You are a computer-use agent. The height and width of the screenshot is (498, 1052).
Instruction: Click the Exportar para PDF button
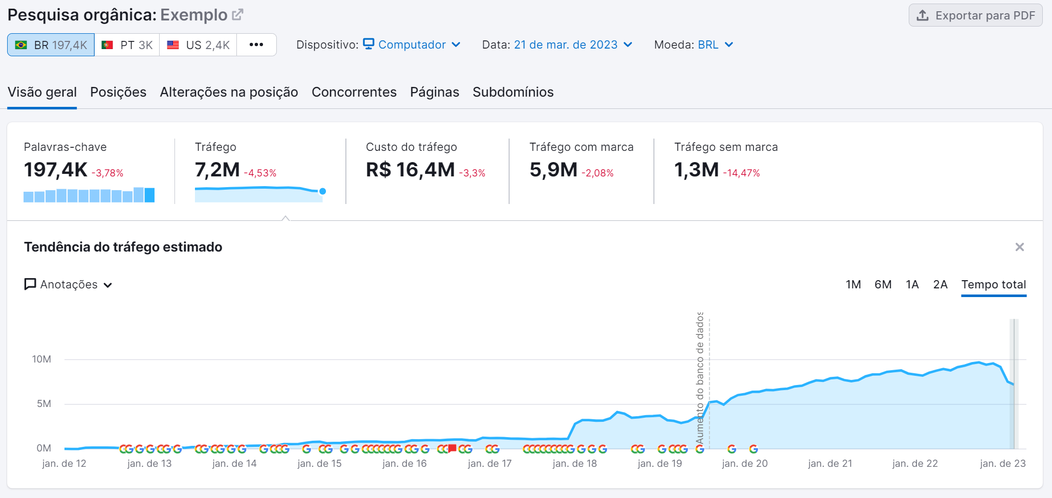[975, 15]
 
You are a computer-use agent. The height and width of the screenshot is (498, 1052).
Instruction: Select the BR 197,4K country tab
[51, 45]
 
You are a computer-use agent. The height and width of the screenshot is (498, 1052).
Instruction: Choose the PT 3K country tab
[127, 45]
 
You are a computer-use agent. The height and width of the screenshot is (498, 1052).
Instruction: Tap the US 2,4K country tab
[198, 45]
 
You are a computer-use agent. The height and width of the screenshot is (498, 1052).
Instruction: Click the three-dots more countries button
[256, 45]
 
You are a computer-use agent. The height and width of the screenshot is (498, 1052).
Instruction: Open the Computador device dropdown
[412, 45]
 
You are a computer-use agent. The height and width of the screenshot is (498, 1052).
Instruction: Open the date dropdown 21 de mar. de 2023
[573, 45]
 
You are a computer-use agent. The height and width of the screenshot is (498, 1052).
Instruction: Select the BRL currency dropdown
[715, 45]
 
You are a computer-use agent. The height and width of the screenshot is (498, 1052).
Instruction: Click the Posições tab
[118, 92]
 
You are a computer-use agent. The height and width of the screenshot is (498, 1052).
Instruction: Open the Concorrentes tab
[354, 92]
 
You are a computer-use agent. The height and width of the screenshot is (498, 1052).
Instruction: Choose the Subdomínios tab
[513, 92]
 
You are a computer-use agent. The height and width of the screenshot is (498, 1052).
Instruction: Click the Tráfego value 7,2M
[217, 170]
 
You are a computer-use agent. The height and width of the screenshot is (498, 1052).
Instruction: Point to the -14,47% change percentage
[741, 173]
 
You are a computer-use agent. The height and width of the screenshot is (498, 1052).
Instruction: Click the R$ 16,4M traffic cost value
[410, 170]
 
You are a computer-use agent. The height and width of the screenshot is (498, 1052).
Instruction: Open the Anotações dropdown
[69, 285]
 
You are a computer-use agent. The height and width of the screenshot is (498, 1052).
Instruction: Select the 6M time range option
[883, 285]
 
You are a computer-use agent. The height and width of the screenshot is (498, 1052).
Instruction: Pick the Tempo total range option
[993, 285]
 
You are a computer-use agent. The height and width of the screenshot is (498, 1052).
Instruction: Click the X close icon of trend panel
[1019, 247]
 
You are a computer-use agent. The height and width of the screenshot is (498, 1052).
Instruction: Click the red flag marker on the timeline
[452, 448]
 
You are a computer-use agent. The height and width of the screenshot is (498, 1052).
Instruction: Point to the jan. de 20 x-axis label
[744, 464]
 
